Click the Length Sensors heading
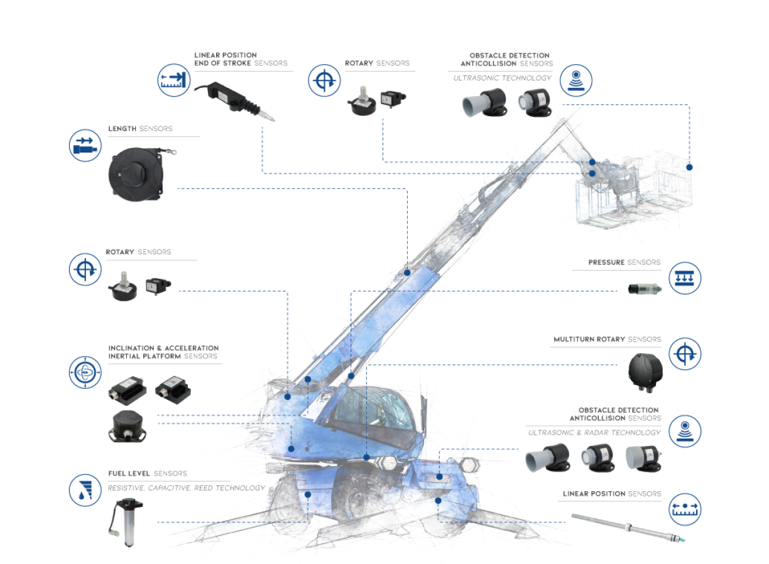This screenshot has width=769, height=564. click(x=140, y=129)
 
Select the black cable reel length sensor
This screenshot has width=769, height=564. click(x=135, y=175)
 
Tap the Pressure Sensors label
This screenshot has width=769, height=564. click(x=624, y=263)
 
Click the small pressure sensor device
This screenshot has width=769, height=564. click(x=643, y=290)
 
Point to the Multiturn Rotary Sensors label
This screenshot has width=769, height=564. click(x=607, y=340)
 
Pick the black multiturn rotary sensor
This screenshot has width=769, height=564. click(x=645, y=371)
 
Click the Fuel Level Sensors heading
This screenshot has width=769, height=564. click(x=148, y=474)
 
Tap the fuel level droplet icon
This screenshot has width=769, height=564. click(x=85, y=491)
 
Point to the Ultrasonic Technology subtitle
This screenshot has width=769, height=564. click(x=502, y=78)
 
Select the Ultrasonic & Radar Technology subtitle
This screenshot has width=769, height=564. click(x=594, y=433)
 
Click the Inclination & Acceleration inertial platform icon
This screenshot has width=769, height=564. click(x=85, y=372)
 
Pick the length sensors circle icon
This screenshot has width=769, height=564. click(x=85, y=145)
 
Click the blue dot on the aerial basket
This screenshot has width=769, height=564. click(x=689, y=167)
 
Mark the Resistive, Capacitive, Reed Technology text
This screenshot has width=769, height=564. click(x=186, y=488)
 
